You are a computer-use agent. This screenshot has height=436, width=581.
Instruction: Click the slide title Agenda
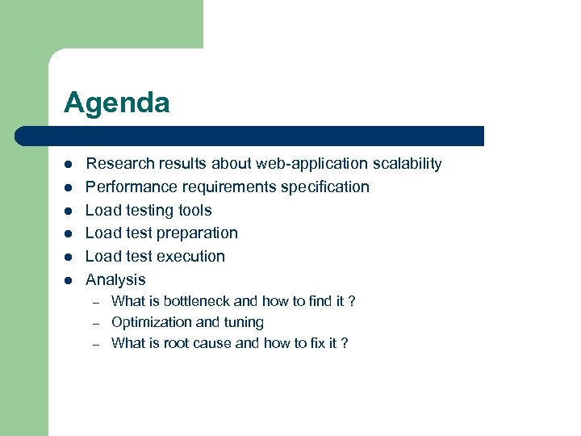[117, 103]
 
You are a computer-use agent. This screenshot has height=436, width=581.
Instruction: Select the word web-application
[311, 164]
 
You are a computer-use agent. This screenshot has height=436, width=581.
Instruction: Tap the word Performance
[131, 187]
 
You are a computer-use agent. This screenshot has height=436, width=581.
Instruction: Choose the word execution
[191, 257]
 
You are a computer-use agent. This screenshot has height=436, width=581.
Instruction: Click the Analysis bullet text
[115, 280]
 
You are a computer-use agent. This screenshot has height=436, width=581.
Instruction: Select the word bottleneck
[197, 301]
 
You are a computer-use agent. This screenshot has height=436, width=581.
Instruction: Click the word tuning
[244, 322]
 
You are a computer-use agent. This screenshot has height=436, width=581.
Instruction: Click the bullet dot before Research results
[69, 165]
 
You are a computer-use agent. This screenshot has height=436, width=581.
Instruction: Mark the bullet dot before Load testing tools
[69, 211]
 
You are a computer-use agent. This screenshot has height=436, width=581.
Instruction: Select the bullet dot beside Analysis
[69, 280]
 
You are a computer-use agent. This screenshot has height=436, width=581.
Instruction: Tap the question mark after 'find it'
[351, 301]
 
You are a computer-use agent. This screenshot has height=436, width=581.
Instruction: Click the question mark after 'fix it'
[345, 343]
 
